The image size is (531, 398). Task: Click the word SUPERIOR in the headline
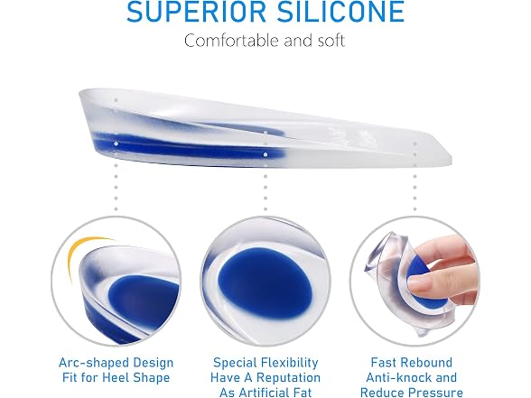pos(196,12)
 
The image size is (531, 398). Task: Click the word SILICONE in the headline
pos(341,12)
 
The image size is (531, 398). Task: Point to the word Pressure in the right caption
pos(435,393)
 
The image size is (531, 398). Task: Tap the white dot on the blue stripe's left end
pos(116,143)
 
